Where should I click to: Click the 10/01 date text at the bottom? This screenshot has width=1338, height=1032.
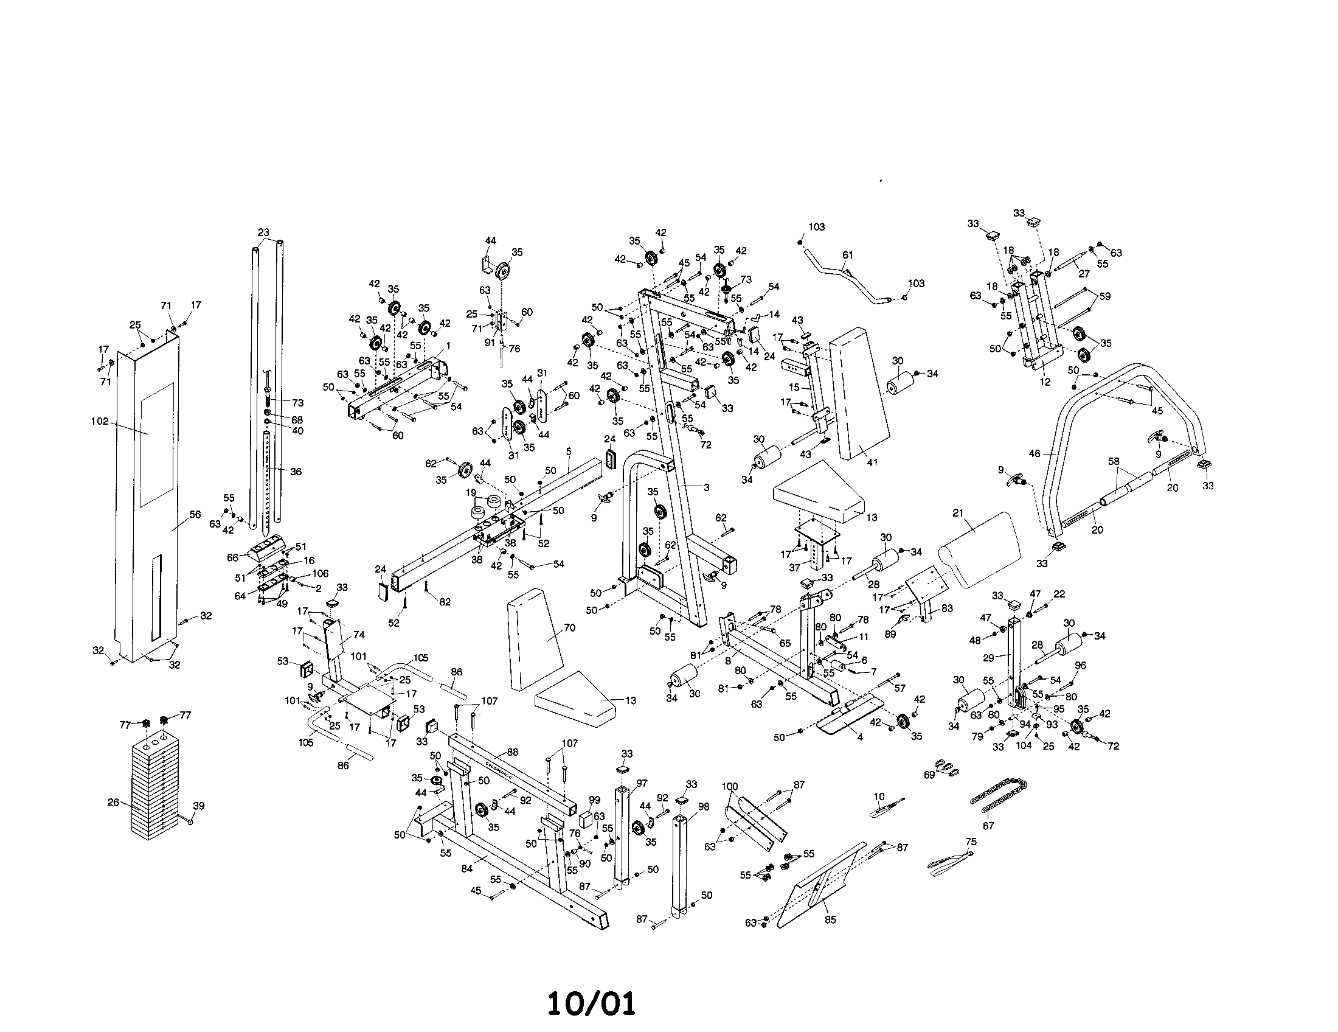591,1004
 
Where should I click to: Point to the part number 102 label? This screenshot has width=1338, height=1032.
99,422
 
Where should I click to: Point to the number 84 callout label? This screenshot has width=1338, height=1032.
467,868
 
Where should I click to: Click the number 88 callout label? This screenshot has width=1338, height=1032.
513,752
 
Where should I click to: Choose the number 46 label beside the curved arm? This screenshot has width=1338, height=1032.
1035,454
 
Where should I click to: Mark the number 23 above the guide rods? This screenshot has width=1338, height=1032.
263,232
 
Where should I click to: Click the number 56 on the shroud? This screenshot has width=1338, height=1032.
195,515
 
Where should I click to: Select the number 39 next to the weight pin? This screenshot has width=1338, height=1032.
198,805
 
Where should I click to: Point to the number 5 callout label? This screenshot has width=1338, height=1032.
569,451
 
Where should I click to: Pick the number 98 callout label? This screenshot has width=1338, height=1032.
703,807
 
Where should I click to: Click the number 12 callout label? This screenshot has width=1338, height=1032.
1045,382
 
